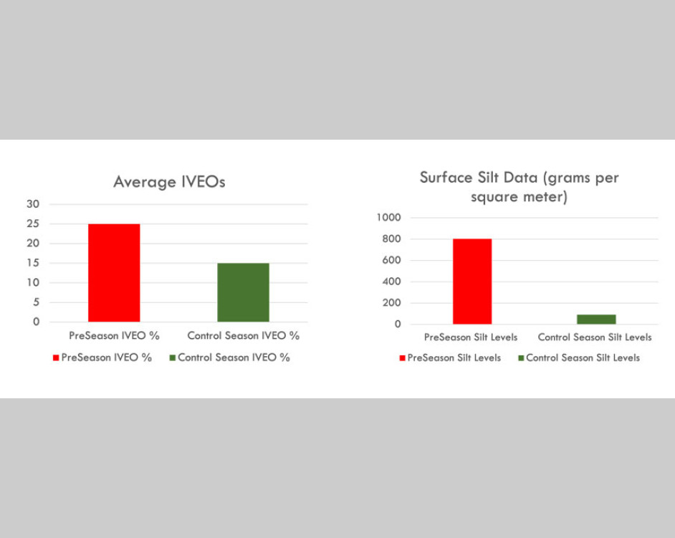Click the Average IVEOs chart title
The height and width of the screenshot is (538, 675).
coord(169,182)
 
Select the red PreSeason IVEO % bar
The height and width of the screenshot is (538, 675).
coord(114,273)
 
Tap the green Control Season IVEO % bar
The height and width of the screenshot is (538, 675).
coord(243,292)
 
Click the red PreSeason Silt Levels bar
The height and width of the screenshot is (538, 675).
coord(472,282)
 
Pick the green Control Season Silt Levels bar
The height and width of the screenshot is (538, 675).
coord(596,320)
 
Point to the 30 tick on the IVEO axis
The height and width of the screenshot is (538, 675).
coord(34,204)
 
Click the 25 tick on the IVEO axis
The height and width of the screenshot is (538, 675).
coord(34,224)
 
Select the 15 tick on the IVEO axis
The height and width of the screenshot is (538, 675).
coord(34,263)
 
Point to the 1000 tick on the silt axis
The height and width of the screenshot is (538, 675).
coord(388,218)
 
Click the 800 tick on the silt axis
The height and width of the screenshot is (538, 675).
coord(391,239)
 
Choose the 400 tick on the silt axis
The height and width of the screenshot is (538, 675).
coord(391,282)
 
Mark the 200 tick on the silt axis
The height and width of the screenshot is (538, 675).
coord(391,303)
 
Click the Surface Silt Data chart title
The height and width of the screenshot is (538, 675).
coord(519,187)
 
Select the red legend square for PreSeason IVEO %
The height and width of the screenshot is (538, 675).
coord(56,357)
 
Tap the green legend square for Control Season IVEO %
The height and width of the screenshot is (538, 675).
coord(172,357)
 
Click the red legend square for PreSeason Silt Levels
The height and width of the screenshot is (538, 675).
coord(402,357)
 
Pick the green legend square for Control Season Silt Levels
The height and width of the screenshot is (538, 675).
coord(521,357)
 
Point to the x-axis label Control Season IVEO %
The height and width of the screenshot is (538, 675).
coord(243,335)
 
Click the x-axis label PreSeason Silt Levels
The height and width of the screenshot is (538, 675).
coord(471,337)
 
